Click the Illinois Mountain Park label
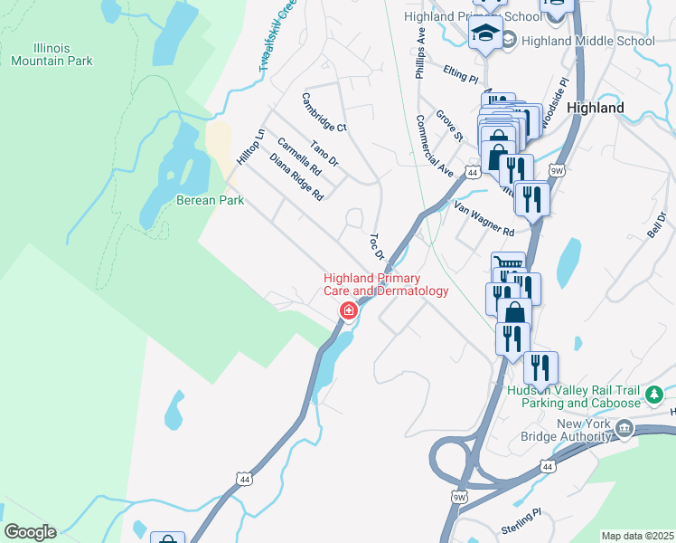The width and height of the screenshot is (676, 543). (52, 53)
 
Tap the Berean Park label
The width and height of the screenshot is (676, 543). (210, 200)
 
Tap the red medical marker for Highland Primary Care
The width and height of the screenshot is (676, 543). (347, 311)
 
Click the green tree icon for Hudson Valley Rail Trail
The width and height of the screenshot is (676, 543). (654, 395)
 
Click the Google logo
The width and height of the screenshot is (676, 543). (30, 532)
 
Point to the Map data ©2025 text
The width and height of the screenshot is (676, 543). (637, 536)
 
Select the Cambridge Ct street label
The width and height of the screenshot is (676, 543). (324, 113)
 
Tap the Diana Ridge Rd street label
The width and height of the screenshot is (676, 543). (296, 176)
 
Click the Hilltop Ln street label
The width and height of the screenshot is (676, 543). (250, 146)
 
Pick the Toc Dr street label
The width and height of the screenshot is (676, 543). (378, 245)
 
